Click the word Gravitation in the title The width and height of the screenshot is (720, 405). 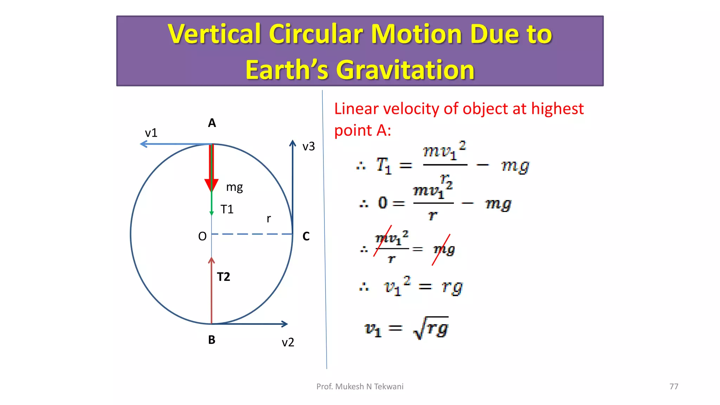[x=405, y=70]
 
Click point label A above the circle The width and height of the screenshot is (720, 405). [x=212, y=123]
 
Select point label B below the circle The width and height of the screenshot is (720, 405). [x=212, y=340]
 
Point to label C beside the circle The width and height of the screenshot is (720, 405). [x=306, y=236]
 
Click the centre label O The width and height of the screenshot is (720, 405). [x=202, y=236]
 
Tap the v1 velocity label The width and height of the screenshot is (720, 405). [x=151, y=133]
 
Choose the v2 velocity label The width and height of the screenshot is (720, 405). [x=288, y=342]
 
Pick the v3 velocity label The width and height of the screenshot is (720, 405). [x=309, y=146]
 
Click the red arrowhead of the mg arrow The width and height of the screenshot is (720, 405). [x=211, y=185]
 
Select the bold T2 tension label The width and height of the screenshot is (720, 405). [x=223, y=277]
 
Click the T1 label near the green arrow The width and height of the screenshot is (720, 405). [x=227, y=210]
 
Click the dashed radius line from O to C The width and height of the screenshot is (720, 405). [x=252, y=234]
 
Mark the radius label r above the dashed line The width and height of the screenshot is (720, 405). [x=269, y=219]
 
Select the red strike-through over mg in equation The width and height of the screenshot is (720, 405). [x=441, y=250]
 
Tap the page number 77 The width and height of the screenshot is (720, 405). [x=674, y=386]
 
